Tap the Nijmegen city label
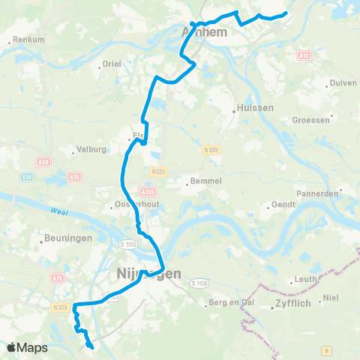pos(149,274)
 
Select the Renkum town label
pos(29,39)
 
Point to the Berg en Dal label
pos(229,304)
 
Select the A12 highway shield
pos(304,55)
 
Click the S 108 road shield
pos(198,283)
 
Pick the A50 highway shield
pos(44,161)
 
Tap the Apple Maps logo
pos(27,347)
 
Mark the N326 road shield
pos(61,307)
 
